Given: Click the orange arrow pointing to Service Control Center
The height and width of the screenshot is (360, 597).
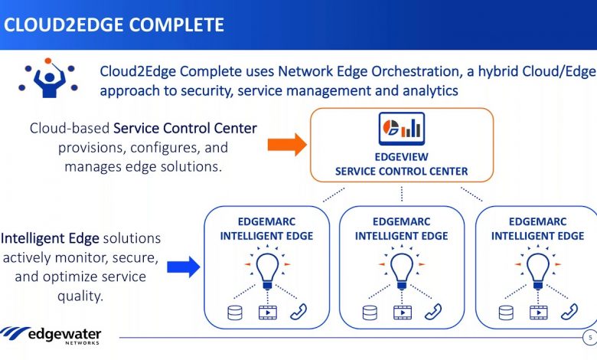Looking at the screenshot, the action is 287,145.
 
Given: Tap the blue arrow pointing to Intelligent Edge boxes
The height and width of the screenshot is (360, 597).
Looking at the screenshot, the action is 184,267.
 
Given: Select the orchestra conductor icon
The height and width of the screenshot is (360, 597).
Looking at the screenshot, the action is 48,78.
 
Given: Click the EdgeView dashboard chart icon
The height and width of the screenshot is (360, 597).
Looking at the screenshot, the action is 402,129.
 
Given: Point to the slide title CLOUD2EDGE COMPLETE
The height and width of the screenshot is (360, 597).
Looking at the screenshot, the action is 114,25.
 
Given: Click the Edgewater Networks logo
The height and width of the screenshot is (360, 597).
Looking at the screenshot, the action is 51,335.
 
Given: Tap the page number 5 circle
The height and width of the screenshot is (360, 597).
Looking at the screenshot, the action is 590,338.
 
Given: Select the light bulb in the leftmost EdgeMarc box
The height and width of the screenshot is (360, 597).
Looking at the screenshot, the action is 267,269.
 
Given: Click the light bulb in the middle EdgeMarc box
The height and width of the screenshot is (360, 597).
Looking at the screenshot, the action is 402,269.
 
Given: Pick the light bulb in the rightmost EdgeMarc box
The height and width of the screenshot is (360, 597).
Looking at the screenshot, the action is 537,269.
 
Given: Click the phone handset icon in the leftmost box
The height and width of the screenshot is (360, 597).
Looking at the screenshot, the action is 298,312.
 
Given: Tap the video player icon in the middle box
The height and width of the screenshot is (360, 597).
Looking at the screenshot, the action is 403,313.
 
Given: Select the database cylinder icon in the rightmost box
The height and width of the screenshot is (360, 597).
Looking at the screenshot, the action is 506,313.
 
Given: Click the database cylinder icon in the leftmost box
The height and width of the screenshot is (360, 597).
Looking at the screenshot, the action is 234,313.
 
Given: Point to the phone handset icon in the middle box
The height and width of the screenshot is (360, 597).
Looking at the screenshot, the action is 433,312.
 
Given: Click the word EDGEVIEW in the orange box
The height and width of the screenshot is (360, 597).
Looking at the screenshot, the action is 401,157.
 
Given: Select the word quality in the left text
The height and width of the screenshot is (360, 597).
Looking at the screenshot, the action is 80,296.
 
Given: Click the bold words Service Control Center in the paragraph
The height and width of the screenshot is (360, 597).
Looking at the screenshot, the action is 185,128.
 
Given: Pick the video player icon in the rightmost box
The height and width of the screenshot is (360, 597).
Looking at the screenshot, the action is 539,313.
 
